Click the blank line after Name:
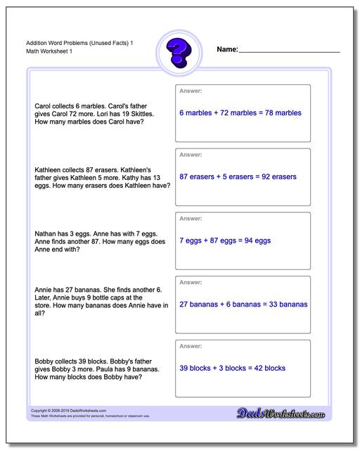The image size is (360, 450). click(289, 51)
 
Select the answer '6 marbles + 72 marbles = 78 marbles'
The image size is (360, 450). click(240, 112)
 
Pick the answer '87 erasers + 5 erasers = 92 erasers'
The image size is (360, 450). click(238, 176)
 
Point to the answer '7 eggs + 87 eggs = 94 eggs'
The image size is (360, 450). click(225, 240)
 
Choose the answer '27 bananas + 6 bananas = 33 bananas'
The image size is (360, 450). click(243, 304)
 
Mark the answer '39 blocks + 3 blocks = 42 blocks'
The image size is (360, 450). click(232, 368)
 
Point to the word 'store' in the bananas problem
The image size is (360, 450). click(42, 305)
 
